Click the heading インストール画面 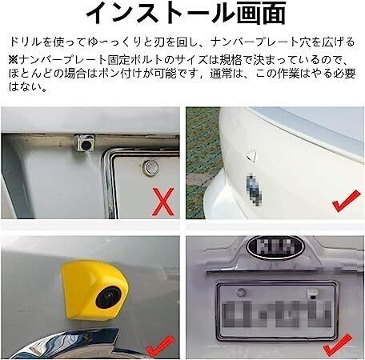pos(183,14)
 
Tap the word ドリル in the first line pos(24,40)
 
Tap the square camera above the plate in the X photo pos(83,143)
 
